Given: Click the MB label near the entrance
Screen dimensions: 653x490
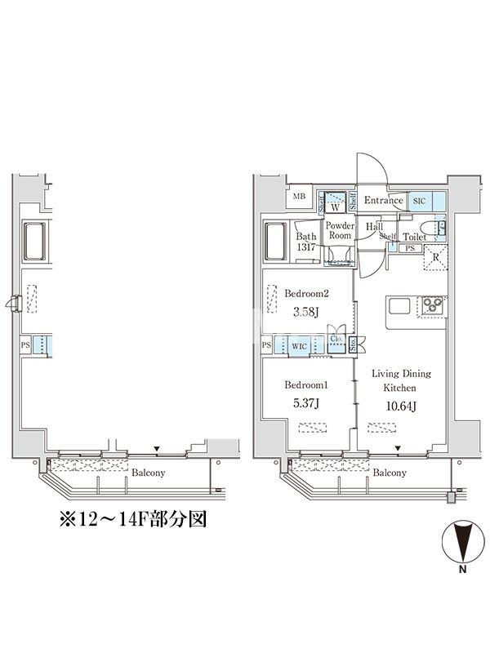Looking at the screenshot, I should coord(299,197).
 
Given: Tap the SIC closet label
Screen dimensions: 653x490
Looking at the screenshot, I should coord(420,201).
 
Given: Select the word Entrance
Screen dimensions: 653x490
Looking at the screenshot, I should coord(383,201).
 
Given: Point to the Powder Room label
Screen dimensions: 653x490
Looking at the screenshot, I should coord(339,230).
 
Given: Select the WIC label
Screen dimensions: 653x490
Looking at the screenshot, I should coord(300,346).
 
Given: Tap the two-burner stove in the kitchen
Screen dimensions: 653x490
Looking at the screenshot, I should coord(432,306).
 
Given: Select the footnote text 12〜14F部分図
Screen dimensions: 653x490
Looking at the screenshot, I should coord(134,520).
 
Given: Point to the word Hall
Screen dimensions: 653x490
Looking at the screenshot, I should coord(375,227).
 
